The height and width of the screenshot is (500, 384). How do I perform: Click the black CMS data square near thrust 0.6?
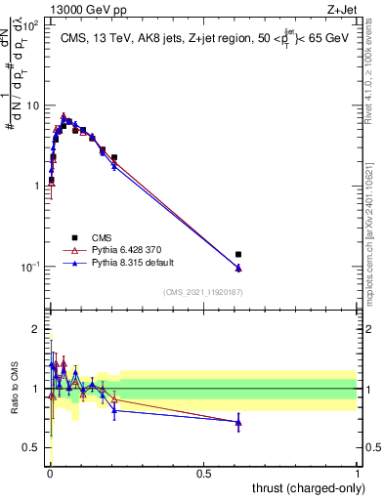click(x=238, y=254)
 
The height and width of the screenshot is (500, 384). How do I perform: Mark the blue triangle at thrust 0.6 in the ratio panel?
click(x=238, y=423)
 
